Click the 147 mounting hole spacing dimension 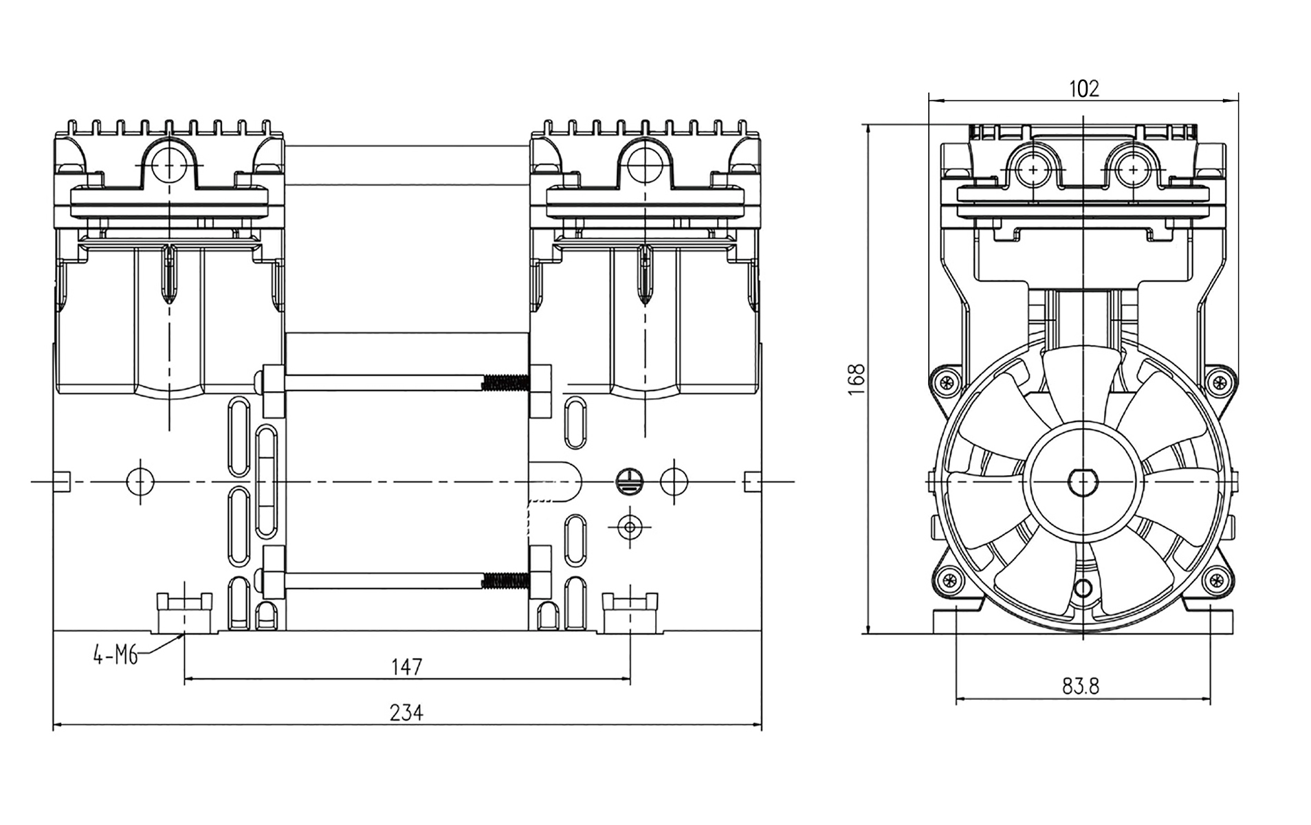[x=406, y=666]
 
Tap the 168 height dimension [x=856, y=379]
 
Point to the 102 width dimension [x=1083, y=89]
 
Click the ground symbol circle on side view [x=628, y=481]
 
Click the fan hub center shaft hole [x=1083, y=481]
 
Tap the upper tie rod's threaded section [x=505, y=383]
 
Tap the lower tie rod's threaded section [x=505, y=581]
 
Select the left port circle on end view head [x=1033, y=169]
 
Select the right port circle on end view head [x=1132, y=169]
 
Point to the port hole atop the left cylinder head [x=169, y=165]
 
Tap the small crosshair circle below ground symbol [x=629, y=527]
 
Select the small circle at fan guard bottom [x=1083, y=588]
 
